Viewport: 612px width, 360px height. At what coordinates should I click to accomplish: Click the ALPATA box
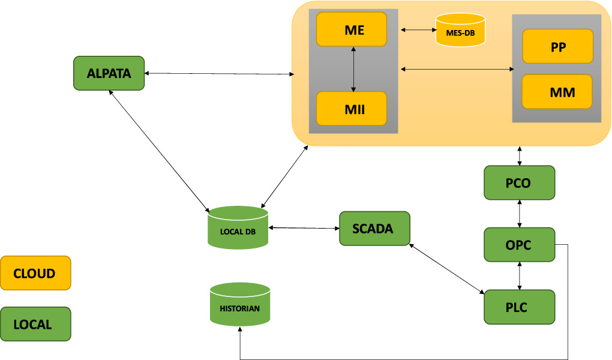pos(109,73)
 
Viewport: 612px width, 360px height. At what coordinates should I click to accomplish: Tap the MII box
pos(351,109)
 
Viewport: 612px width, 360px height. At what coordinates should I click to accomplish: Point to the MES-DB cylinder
pos(460,31)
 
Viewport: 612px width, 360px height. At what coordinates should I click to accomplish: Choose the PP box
pos(557,46)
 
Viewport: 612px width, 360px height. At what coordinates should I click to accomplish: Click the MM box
pos(557,92)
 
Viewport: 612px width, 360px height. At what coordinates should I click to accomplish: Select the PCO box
pos(519,182)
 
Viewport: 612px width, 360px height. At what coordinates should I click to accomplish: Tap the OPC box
pos(519,245)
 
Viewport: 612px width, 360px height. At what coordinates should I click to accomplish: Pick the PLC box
pos(519,307)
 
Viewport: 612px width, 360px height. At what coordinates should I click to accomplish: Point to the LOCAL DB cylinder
pos(238,228)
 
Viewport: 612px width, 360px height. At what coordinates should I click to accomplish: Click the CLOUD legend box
pos(35,273)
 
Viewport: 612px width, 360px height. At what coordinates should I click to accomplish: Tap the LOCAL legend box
pos(35,324)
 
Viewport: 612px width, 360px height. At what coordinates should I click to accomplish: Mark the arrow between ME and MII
pos(354,69)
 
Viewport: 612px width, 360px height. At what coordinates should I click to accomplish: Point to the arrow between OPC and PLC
pos(519,276)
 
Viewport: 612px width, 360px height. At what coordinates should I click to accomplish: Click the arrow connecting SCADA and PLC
pos(447,268)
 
